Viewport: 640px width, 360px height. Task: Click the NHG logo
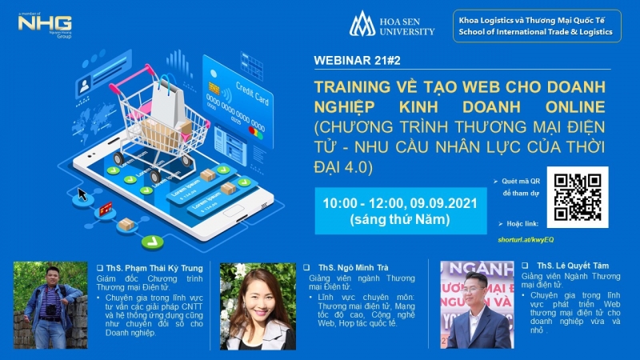pos(45,25)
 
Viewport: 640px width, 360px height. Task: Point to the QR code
pos(577,194)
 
